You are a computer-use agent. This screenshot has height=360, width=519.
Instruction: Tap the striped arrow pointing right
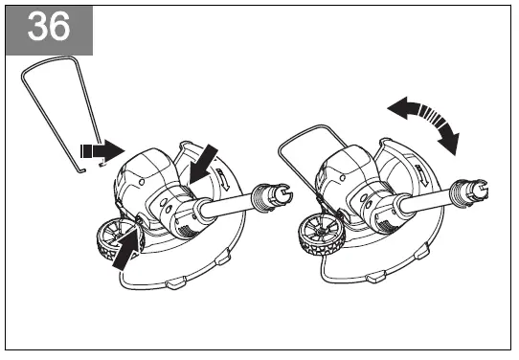click(x=102, y=150)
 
